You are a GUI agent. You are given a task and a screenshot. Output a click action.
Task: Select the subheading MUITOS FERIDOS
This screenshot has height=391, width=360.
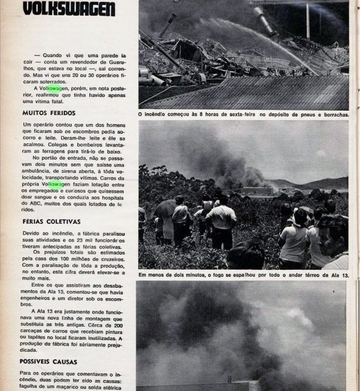(43, 113)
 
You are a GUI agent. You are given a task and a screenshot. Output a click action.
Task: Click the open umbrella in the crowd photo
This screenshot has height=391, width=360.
(165, 208)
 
